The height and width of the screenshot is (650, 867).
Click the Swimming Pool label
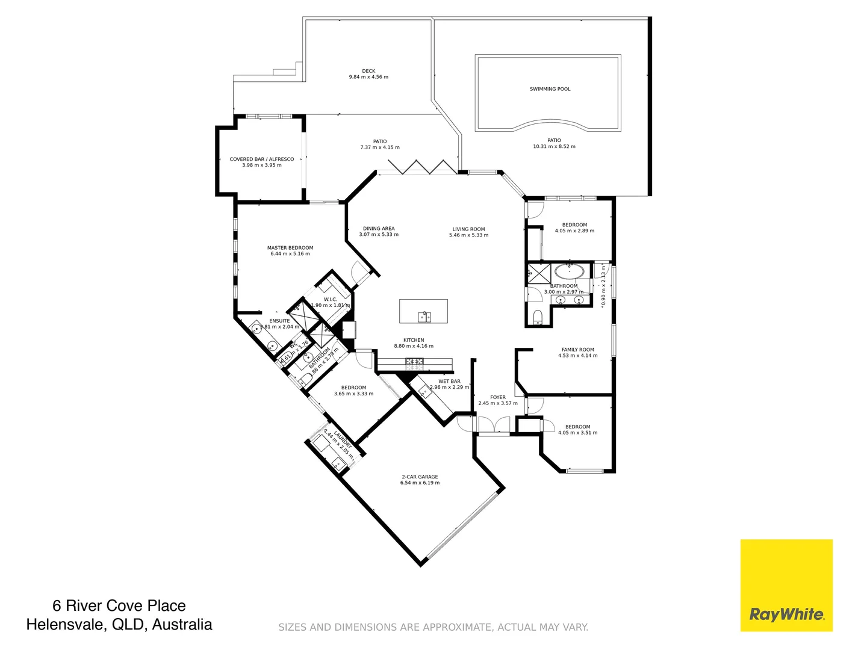[x=550, y=89]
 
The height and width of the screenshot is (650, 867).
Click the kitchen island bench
[x=423, y=311]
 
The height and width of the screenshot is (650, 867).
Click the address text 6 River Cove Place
[x=119, y=605]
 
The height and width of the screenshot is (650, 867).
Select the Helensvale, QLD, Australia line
[x=119, y=625]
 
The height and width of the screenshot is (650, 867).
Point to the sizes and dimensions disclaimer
[x=433, y=627]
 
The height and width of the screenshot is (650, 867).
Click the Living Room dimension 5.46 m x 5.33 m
[x=468, y=235]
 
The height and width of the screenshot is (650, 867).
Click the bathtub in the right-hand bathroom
[x=569, y=271]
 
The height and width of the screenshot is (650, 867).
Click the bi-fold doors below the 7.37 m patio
[x=422, y=167]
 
